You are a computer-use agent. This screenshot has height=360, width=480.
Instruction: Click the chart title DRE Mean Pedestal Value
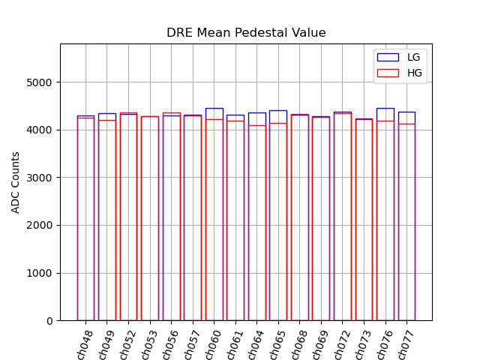[x=246, y=33]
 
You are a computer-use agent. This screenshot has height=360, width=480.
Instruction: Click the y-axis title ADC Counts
[x=16, y=182]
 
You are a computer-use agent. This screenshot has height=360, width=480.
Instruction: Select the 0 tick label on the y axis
[x=49, y=321]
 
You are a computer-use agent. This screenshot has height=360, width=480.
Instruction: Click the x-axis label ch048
[x=85, y=344]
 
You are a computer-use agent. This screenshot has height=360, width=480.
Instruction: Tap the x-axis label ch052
[x=127, y=344]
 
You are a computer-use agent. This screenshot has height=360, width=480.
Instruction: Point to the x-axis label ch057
[x=192, y=344]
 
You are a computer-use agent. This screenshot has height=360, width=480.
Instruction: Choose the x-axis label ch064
[x=256, y=344]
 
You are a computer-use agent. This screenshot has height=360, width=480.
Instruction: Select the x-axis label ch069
[x=320, y=344]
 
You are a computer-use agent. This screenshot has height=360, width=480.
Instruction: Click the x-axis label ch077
[x=406, y=344]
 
